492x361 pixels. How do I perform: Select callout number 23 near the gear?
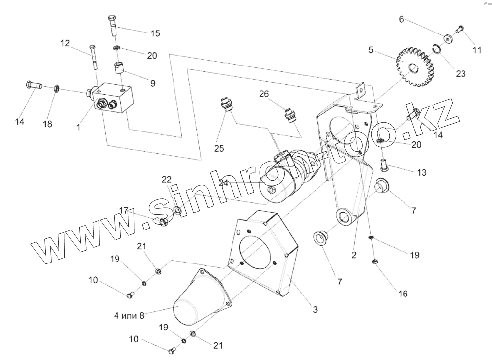[x=460, y=74]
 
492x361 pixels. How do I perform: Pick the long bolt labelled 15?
[x=112, y=27]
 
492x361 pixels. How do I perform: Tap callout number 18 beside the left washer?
[x=47, y=124]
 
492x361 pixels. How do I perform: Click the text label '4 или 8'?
[x=128, y=316]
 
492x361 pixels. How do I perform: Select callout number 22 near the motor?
[x=167, y=180]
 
